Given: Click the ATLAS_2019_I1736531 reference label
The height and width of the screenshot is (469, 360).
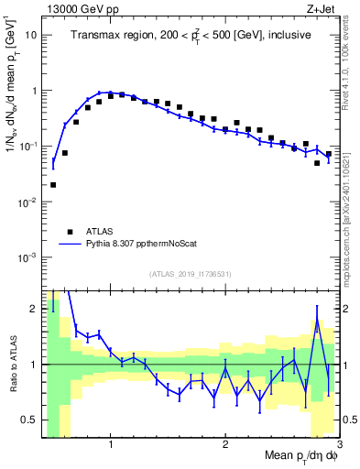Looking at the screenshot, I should click(x=191, y=274).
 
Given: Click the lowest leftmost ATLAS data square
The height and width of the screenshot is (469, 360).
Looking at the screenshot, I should click(x=53, y=185).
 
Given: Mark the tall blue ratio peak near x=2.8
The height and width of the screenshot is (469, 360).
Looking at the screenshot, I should click(x=317, y=320).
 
